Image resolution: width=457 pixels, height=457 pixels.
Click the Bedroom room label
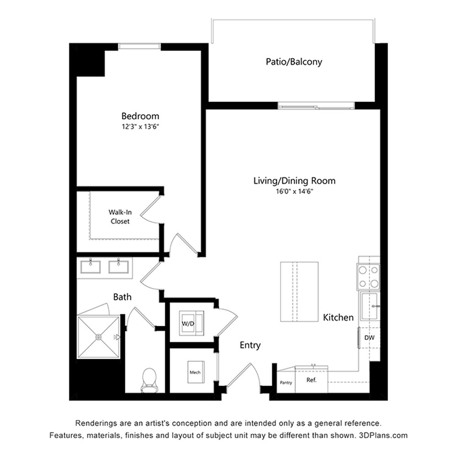pyautogui.click(x=140, y=116)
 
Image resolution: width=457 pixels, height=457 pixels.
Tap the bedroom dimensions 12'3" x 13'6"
pyautogui.click(x=140, y=127)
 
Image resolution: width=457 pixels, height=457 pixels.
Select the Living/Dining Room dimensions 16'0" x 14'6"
pyautogui.click(x=294, y=191)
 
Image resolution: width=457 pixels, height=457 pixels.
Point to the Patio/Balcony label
pyautogui.click(x=294, y=62)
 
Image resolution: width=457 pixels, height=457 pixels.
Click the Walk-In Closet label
pyautogui.click(x=120, y=217)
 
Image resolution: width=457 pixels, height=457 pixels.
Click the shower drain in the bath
pyautogui.click(x=99, y=337)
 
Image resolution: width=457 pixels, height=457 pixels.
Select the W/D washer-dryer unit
pyautogui.click(x=191, y=323)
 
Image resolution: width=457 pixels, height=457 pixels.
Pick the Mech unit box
pyautogui.click(x=196, y=372)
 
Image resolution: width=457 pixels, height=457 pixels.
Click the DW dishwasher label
pyautogui.click(x=369, y=338)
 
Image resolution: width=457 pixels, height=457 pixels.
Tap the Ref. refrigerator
pyautogui.click(x=312, y=379)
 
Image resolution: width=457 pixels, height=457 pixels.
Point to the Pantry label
pyautogui.click(x=286, y=383)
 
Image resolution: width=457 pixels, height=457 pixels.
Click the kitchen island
pyautogui.click(x=299, y=292)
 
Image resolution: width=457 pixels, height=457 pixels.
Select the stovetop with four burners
pyautogui.click(x=368, y=277)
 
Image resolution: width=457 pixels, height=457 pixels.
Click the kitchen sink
pyautogui.click(x=370, y=306)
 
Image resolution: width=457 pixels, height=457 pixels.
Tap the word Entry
pyautogui.click(x=250, y=345)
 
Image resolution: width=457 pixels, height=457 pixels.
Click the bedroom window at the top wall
pyautogui.click(x=139, y=46)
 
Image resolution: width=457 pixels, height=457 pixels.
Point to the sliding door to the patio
pyautogui.click(x=316, y=106)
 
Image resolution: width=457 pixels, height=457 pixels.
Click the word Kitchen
pyautogui.click(x=338, y=318)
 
